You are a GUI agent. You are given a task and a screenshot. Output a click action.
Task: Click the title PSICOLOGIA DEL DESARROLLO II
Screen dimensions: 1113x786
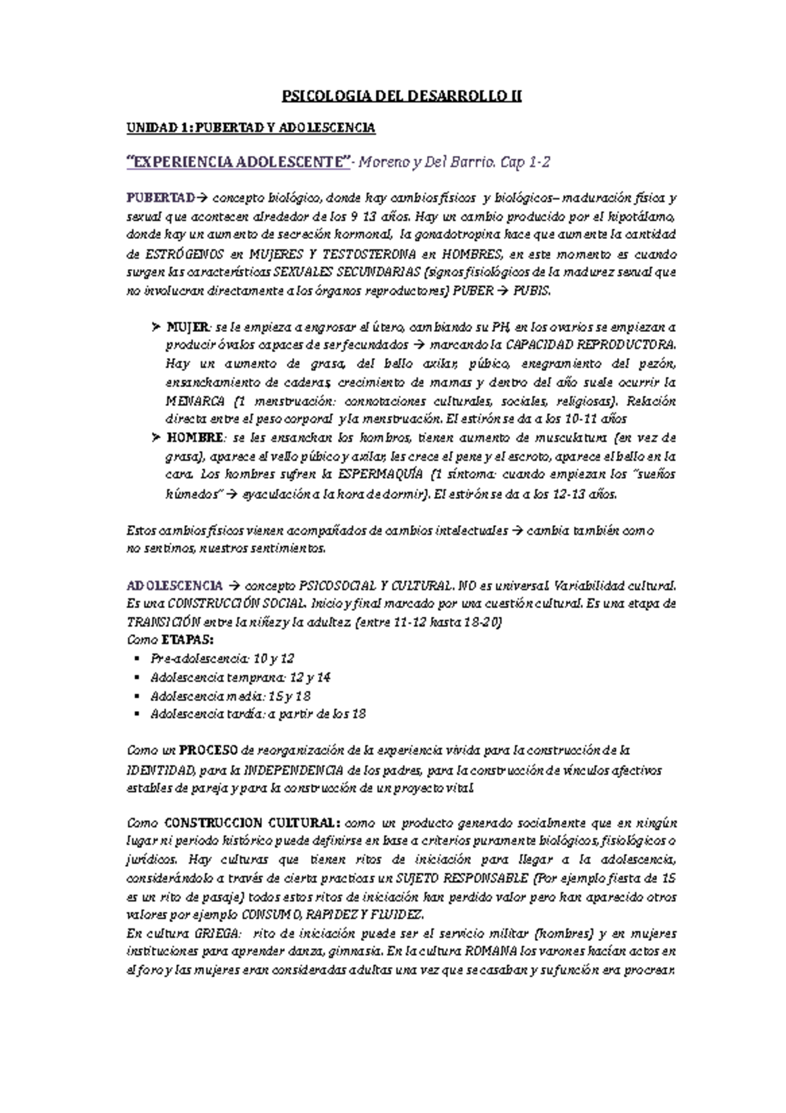(402, 96)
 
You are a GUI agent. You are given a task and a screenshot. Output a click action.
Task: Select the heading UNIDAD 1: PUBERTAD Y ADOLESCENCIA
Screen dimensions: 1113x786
(250, 128)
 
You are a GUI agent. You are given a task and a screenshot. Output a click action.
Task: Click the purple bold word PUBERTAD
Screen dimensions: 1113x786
(161, 198)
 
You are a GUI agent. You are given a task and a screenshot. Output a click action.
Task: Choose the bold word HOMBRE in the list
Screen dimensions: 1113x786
(195, 437)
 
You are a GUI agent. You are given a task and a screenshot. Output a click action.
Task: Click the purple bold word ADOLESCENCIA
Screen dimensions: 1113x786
(174, 585)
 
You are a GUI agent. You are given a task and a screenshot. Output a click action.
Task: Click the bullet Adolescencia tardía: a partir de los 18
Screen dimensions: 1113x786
(257, 714)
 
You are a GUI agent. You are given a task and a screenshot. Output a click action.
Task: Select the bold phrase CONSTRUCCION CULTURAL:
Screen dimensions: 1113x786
(252, 823)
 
